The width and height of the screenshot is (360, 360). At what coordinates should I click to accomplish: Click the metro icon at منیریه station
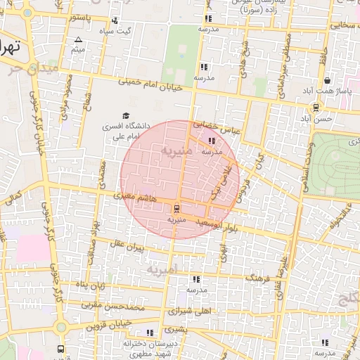[176, 208]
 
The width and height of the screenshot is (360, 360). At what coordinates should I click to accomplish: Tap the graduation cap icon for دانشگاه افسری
[126, 115]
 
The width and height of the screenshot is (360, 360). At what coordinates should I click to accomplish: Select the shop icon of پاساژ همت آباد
[328, 81]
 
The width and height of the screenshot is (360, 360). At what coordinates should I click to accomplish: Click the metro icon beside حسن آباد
[316, 108]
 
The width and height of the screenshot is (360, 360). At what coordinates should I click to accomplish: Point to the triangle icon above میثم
[79, 39]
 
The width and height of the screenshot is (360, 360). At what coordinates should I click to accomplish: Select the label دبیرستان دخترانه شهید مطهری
[148, 349]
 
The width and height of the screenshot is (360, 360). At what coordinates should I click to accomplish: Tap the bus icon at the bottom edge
[61, 349]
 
